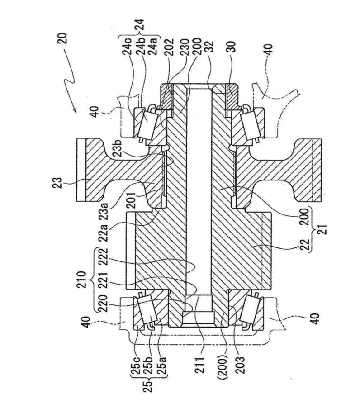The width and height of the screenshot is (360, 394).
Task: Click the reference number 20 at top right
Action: (62, 39)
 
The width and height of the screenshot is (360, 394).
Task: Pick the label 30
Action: (232, 47)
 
